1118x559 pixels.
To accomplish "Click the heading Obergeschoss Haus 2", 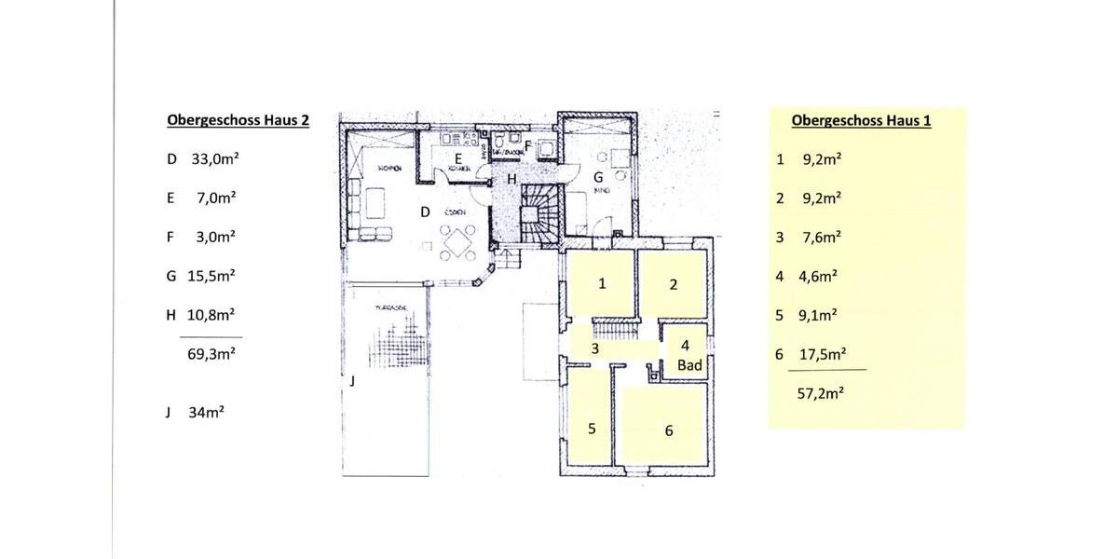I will [x=238, y=120].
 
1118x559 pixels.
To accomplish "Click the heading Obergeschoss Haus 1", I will [x=861, y=120].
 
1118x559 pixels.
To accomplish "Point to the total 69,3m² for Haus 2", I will [x=211, y=354].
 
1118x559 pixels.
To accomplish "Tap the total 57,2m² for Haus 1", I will [x=821, y=393].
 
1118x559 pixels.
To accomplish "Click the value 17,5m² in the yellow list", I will [x=823, y=355].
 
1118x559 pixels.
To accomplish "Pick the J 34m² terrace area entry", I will [x=206, y=411].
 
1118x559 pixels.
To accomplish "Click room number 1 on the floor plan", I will [x=602, y=283].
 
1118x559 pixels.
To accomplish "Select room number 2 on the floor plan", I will [x=673, y=284].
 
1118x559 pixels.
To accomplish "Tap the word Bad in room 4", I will [x=689, y=366].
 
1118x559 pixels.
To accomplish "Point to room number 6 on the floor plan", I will [x=668, y=430].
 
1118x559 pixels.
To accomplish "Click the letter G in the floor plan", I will [x=598, y=176].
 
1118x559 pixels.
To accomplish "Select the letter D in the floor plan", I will [x=425, y=212].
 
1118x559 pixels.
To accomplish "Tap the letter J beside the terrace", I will [x=352, y=381].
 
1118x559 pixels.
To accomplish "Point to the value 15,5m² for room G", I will [x=212, y=276].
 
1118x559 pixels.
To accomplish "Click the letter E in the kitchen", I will [x=458, y=158].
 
